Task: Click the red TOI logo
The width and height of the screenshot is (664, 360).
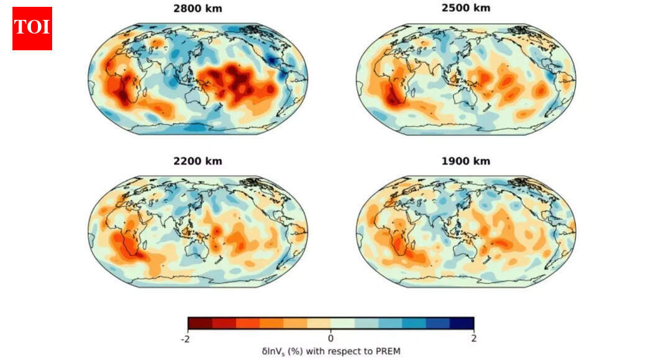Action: tap(32, 28)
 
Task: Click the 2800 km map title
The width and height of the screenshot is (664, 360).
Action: tap(198, 9)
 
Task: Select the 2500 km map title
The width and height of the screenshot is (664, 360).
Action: tap(465, 9)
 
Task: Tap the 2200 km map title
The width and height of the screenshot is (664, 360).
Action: tap(198, 161)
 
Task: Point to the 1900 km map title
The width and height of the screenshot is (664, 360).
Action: tap(465, 161)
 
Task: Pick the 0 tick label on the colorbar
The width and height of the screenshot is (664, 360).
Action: tap(330, 338)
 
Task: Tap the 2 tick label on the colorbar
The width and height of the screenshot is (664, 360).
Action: tap(473, 338)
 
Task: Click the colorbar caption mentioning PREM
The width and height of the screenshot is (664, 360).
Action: tap(330, 351)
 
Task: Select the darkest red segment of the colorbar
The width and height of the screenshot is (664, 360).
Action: tap(200, 323)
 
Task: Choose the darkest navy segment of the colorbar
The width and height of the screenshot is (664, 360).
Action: tap(462, 323)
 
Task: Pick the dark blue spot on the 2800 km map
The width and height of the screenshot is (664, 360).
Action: tap(271, 60)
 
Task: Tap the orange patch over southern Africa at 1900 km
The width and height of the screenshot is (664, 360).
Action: tap(400, 245)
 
